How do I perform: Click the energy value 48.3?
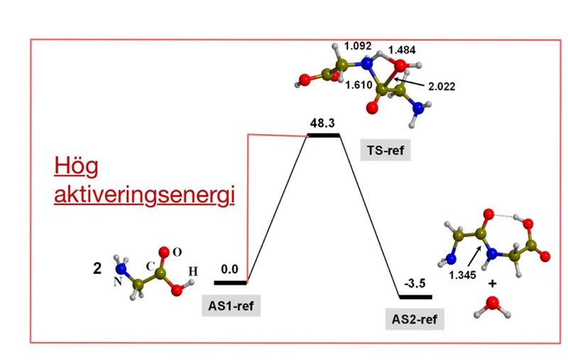322,124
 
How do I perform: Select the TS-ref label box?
386,150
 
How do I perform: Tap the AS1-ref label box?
231,306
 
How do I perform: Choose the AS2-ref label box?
415,320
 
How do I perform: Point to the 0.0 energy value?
229,269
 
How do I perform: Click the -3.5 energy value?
415,283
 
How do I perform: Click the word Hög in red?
76,167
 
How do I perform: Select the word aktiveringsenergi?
145,195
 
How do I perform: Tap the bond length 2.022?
442,87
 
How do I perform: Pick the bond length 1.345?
462,276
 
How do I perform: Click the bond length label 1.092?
358,46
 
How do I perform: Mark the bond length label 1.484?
402,50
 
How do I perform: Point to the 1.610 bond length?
359,85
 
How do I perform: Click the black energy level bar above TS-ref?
324,136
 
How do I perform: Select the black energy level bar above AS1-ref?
230,283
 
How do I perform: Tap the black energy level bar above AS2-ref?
415,297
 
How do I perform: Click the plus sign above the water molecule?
492,283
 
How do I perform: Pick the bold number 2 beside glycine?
97,269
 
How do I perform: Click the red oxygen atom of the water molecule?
492,302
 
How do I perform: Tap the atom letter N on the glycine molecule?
118,282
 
